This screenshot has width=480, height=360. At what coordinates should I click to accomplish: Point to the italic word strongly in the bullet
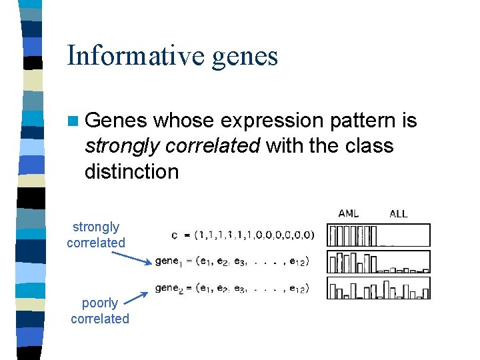click(x=121, y=146)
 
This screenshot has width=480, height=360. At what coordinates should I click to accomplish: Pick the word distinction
click(x=131, y=171)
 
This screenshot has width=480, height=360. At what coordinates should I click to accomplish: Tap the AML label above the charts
click(x=349, y=214)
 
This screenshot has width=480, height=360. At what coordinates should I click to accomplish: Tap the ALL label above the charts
click(x=398, y=214)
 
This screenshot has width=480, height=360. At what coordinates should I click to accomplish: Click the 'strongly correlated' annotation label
click(x=96, y=235)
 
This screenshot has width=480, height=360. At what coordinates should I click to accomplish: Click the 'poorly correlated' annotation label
click(x=100, y=311)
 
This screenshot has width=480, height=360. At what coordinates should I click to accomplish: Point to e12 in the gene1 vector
click(x=296, y=261)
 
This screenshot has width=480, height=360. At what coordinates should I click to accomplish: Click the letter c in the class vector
click(x=174, y=235)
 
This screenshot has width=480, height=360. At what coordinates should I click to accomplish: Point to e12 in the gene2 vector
click(x=296, y=288)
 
